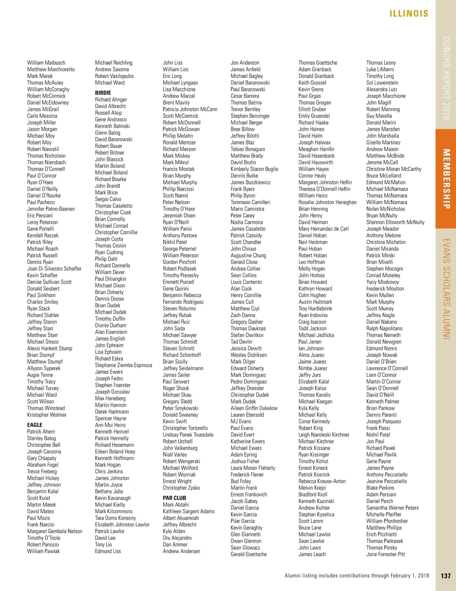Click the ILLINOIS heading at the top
pyautogui.click(x=409, y=14)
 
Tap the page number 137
pyautogui.click(x=446, y=576)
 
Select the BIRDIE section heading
pyautogui.click(x=103, y=93)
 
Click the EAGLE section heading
pyautogui.click(x=35, y=425)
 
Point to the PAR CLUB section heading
pyautogui.click(x=174, y=498)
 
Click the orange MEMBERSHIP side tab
pyautogui.click(x=446, y=179)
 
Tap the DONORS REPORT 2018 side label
pyautogui.click(x=446, y=78)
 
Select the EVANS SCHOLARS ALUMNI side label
pyautogui.click(x=446, y=289)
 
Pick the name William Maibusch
pyautogui.click(x=46, y=63)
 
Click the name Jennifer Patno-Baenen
pyautogui.click(x=51, y=209)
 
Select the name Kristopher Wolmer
pyautogui.click(x=47, y=415)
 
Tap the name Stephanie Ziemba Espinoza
pyautogui.click(x=123, y=365)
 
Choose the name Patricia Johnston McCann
pyautogui.click(x=190, y=109)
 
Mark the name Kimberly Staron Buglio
pyautogui.click(x=254, y=169)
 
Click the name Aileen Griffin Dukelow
pyautogui.click(x=254, y=408)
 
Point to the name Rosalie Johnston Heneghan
pyautogui.click(x=328, y=202)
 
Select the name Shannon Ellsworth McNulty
pyautogui.click(x=395, y=222)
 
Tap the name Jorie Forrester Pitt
pyautogui.click(x=385, y=554)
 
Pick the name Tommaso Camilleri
pyautogui.click(x=250, y=202)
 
